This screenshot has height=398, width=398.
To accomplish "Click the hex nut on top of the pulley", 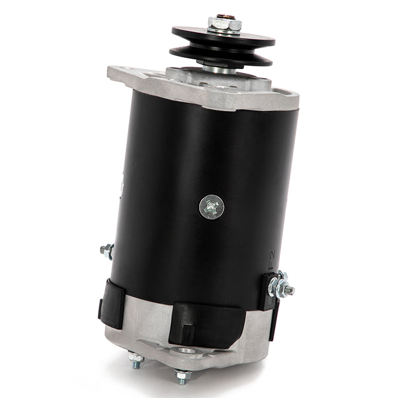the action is (x=224, y=23).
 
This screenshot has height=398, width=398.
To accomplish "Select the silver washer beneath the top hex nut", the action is (x=224, y=31).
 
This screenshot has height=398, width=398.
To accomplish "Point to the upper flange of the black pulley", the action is (x=223, y=38).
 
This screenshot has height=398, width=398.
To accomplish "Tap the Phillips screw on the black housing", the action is (x=212, y=207).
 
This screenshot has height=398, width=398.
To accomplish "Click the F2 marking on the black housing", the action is (x=272, y=260).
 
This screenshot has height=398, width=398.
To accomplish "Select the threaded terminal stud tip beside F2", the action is (x=290, y=290).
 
